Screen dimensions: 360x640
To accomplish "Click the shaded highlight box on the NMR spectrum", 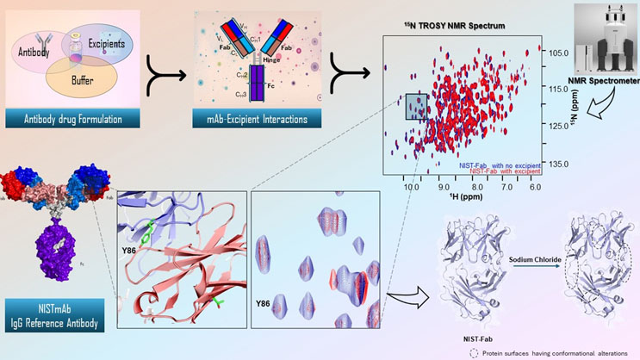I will pos(415,107).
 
